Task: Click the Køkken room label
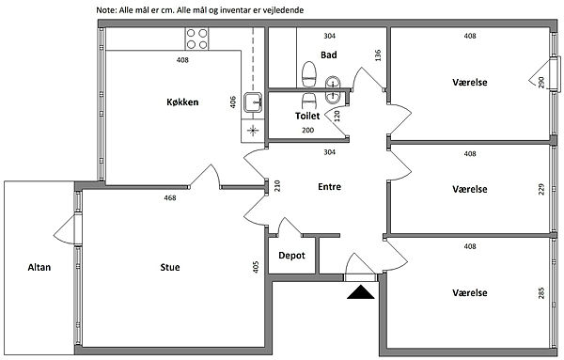tap(182, 102)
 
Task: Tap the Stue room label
tap(170, 267)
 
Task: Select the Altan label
tap(39, 267)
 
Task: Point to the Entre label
tap(330, 187)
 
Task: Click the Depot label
tap(291, 256)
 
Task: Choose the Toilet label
tap(307, 116)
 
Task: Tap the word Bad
tap(329, 55)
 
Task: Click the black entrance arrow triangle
tap(361, 293)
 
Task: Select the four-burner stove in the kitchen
tap(196, 39)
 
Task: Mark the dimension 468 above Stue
tap(170, 197)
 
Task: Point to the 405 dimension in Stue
tap(256, 267)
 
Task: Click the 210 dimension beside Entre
tap(277, 186)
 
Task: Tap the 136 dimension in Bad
tap(378, 55)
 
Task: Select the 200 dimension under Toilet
tap(308, 131)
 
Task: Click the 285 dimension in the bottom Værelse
tap(541, 293)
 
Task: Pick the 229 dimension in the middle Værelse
tap(541, 190)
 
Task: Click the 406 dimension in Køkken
tap(233, 102)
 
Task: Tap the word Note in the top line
tap(105, 10)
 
